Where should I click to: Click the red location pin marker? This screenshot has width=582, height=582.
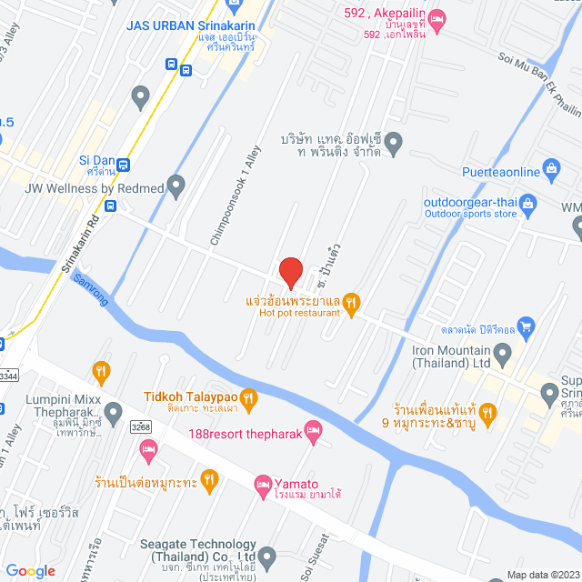pos(290,272)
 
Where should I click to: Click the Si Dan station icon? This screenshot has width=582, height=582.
pos(123,165)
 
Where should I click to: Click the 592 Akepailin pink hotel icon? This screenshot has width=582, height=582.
pos(436,16)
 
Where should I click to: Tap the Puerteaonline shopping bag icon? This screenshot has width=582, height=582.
pos(550,168)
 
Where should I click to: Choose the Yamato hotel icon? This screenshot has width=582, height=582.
pos(264,484)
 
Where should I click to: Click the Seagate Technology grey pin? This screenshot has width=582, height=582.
pos(266,554)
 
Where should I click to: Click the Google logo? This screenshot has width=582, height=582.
pos(30,570)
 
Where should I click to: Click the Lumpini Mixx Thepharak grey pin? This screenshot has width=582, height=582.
pos(113,415)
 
